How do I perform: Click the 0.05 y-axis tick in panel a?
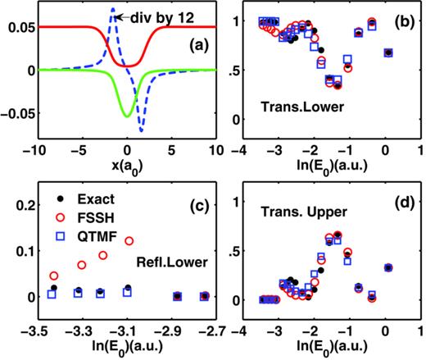[18, 28]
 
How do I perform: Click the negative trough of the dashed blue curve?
[141, 130]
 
